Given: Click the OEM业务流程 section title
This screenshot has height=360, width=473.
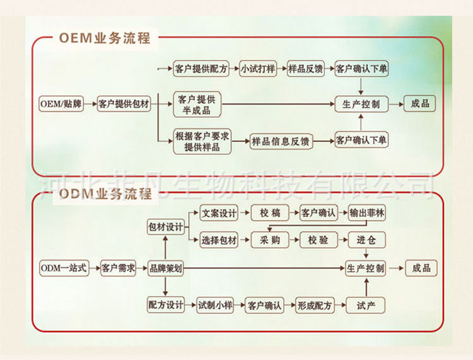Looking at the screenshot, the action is click(x=105, y=37).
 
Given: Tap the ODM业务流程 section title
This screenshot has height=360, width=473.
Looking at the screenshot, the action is click(x=105, y=194).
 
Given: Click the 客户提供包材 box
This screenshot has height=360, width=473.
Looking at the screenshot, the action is click(x=124, y=104).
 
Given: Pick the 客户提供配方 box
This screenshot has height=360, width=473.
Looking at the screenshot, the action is click(x=201, y=69).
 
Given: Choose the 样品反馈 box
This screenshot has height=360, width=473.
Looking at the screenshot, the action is click(x=306, y=69).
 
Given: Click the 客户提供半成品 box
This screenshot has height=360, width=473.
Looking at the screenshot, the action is click(x=197, y=105).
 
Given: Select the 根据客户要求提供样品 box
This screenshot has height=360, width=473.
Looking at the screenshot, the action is click(x=202, y=142).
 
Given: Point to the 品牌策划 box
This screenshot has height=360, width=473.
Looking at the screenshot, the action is click(x=165, y=268).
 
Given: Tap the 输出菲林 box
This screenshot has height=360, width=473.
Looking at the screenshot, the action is click(x=367, y=213).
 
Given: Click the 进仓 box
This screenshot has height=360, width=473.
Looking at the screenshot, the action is click(x=366, y=240).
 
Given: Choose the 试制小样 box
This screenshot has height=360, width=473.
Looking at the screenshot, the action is click(x=215, y=306).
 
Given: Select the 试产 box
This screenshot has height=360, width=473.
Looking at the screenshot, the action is click(x=366, y=306).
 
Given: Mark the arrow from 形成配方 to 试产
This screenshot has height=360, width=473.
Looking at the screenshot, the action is click(x=341, y=306).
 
